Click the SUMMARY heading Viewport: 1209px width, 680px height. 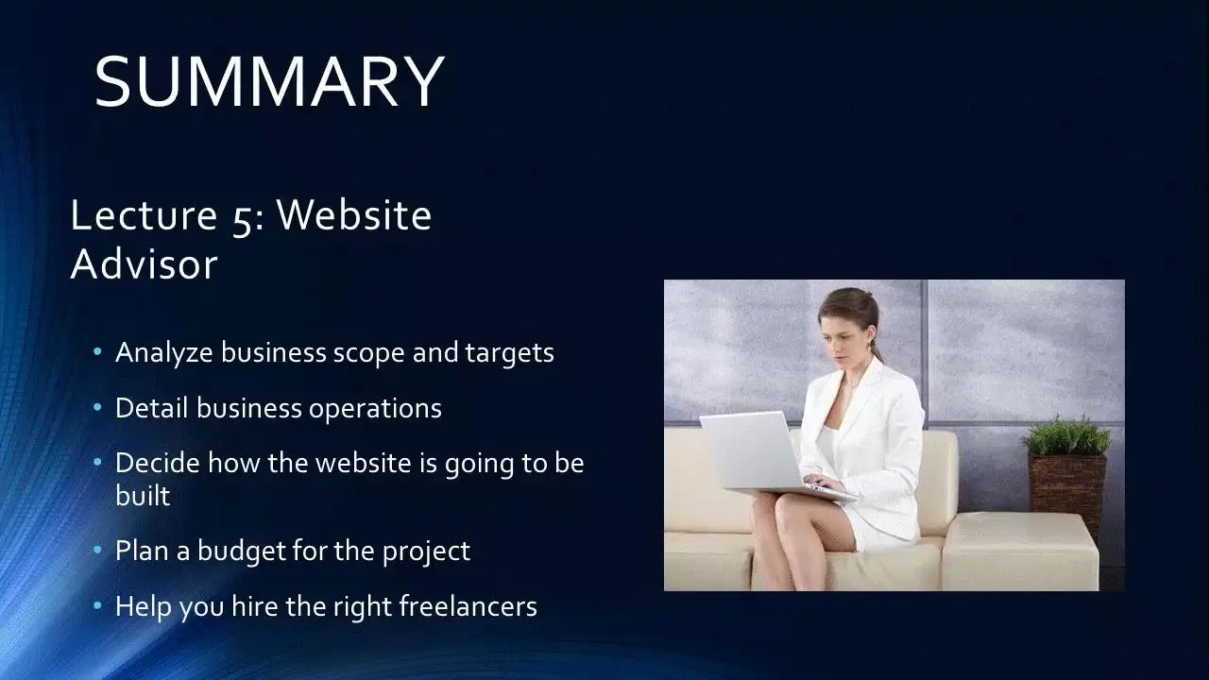click(x=269, y=81)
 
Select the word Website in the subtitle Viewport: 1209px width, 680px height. click(x=354, y=214)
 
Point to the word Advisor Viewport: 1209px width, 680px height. click(x=145, y=263)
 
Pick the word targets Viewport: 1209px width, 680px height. click(x=509, y=353)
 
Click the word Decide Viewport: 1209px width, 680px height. click(x=158, y=463)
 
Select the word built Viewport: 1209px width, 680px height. click(x=143, y=496)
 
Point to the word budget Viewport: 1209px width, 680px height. click(x=241, y=552)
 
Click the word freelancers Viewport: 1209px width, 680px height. click(x=468, y=606)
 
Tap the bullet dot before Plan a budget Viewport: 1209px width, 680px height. click(x=97, y=551)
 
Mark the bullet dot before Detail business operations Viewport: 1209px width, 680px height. click(x=97, y=407)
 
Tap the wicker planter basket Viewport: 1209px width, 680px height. click(x=1067, y=492)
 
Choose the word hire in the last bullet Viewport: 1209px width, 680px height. click(x=254, y=606)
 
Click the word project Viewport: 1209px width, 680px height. click(x=426, y=552)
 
